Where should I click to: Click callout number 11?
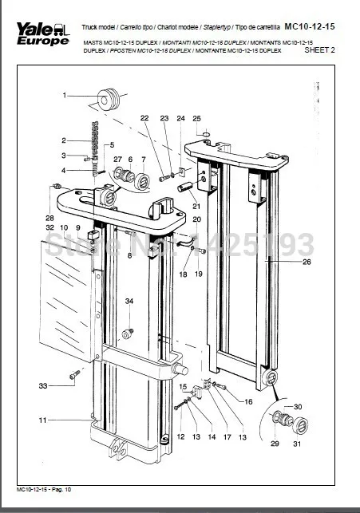click(x=44, y=419)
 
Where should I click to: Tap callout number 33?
click(x=44, y=386)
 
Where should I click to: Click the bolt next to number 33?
click(x=73, y=373)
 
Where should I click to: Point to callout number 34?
click(x=129, y=300)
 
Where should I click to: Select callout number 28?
click(x=49, y=218)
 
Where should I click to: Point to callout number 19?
click(x=199, y=274)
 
